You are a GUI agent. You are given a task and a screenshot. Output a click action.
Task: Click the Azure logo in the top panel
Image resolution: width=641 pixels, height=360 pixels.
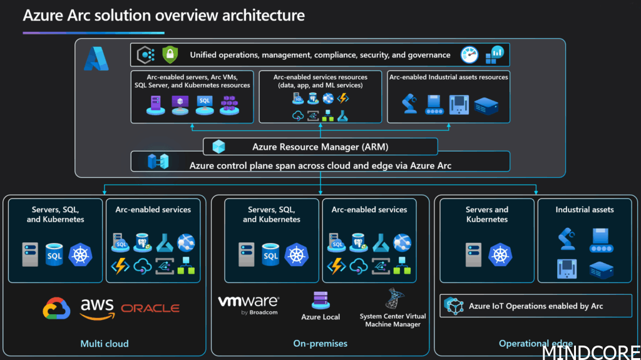pyautogui.click(x=96, y=59)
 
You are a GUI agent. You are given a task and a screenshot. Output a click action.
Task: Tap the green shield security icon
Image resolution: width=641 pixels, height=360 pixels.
pyautogui.click(x=169, y=55)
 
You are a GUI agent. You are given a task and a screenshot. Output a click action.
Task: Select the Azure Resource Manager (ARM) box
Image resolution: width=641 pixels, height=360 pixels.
pyautogui.click(x=320, y=147)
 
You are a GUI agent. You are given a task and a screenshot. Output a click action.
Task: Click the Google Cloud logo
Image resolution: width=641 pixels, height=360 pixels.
pyautogui.click(x=56, y=308)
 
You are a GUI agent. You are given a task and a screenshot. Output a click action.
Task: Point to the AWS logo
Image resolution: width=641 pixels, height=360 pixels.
pyautogui.click(x=97, y=307)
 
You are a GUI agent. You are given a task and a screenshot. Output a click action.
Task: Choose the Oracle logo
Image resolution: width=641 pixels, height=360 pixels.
pyautogui.click(x=150, y=308)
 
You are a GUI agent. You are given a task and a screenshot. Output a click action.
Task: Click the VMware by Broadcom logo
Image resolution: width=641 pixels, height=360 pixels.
pyautogui.click(x=249, y=304)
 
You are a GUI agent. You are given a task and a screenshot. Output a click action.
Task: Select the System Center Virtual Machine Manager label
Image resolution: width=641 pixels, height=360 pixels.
pyautogui.click(x=393, y=321)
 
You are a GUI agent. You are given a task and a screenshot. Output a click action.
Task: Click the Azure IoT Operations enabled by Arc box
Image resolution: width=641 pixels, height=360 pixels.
pyautogui.click(x=535, y=306)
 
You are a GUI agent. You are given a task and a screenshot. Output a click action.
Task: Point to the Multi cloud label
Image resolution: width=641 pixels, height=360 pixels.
pyautogui.click(x=105, y=343)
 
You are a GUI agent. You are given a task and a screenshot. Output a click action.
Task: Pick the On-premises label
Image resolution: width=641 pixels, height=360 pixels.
pyautogui.click(x=320, y=343)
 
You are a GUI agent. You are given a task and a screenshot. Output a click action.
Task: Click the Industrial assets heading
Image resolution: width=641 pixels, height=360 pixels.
pyautogui.click(x=585, y=210)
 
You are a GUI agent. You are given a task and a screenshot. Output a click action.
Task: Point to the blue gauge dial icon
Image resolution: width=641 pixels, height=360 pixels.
pyautogui.click(x=469, y=55)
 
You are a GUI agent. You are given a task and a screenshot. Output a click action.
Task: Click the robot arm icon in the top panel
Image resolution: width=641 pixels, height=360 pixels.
pyautogui.click(x=410, y=103)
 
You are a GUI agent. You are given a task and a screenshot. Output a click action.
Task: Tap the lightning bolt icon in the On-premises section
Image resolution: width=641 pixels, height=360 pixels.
pyautogui.click(x=336, y=266)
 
